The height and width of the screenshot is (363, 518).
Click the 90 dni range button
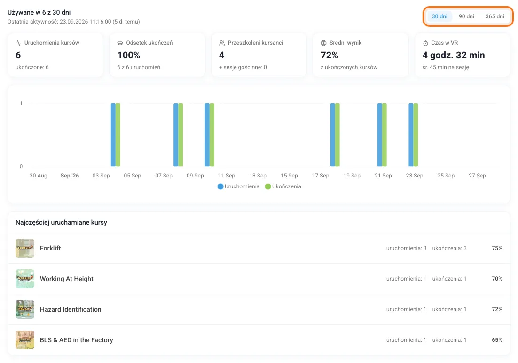[466, 16]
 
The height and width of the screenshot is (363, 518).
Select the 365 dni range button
[494, 16]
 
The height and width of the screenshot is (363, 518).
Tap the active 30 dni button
[440, 16]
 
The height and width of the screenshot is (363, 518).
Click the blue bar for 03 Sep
[113, 135]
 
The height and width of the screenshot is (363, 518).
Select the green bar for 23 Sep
[416, 135]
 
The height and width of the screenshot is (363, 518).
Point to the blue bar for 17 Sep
[332, 135]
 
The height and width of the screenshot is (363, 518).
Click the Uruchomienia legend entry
[238, 186]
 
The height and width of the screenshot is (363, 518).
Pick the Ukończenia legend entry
[283, 186]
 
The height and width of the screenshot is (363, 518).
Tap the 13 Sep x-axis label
[258, 175]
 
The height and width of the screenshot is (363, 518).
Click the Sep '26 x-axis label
[70, 175]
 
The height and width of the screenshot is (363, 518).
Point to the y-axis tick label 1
[21, 103]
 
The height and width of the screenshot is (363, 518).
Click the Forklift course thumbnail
[25, 248]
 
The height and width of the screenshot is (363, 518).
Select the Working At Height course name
[67, 279]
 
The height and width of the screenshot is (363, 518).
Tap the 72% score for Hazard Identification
[497, 309]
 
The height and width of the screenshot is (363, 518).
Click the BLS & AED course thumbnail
[25, 340]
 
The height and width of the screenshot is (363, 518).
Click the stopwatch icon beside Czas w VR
[425, 43]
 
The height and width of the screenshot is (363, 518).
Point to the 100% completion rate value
[129, 55]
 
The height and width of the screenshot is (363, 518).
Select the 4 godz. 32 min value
[454, 55]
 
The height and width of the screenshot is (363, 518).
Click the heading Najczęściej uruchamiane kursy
[61, 222]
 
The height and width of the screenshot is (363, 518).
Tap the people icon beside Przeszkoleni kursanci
[222, 43]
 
